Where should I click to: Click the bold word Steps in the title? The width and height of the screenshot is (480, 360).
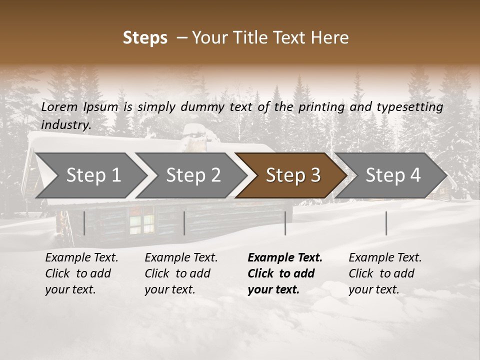(x=145, y=38)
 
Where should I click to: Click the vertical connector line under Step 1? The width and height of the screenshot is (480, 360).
(x=84, y=223)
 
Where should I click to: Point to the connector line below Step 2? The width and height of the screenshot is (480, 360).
(x=184, y=223)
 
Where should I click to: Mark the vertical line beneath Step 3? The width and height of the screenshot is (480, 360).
(x=285, y=223)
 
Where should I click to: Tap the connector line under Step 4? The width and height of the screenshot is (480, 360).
(x=386, y=223)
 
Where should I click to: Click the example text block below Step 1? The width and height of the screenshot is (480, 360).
(x=81, y=273)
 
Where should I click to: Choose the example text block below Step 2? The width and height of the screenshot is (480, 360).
(x=181, y=273)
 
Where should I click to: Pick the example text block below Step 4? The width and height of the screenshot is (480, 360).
(x=385, y=273)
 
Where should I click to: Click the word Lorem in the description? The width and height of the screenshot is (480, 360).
(x=59, y=106)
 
